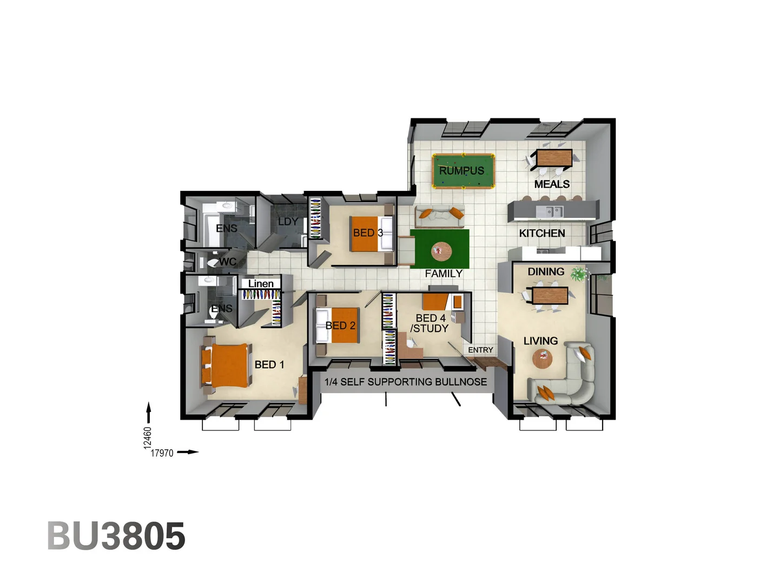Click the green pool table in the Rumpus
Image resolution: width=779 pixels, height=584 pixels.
point(463,171)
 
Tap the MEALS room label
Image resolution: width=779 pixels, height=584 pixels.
point(552,184)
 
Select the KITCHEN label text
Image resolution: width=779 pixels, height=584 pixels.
point(542,233)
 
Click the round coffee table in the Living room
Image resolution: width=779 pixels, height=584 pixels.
point(542,357)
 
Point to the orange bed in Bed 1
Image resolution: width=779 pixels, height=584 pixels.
point(225,365)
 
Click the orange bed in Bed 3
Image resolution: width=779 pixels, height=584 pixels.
point(366,234)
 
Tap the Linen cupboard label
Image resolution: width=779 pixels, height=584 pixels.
point(261,283)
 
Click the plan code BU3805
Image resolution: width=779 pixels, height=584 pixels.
point(116,536)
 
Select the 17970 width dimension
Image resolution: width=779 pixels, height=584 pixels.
point(162,453)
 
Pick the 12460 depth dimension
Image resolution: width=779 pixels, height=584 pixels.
point(148,437)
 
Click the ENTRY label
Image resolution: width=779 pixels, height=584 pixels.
point(480,350)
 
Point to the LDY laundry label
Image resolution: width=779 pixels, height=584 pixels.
point(288,222)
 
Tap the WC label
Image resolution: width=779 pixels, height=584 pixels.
point(228,262)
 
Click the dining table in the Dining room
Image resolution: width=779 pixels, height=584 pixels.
point(550,296)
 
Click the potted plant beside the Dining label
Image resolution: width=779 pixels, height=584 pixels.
point(579,274)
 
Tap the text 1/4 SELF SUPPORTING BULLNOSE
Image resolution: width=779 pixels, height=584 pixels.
point(406,382)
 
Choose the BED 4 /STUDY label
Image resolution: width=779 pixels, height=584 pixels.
point(430,323)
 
